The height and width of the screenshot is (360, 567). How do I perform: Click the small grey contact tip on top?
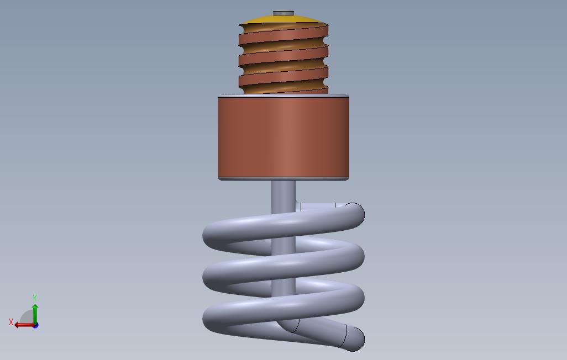[283, 13]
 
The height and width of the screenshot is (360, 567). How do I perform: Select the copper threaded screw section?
[283, 58]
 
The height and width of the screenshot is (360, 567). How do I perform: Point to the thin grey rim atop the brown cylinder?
[283, 96]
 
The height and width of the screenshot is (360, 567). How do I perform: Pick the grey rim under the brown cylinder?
[283, 178]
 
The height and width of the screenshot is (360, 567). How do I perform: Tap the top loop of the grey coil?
[283, 226]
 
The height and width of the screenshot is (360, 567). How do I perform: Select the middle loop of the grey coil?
[283, 267]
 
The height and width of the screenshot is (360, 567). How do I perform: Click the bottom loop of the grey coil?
[283, 309]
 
